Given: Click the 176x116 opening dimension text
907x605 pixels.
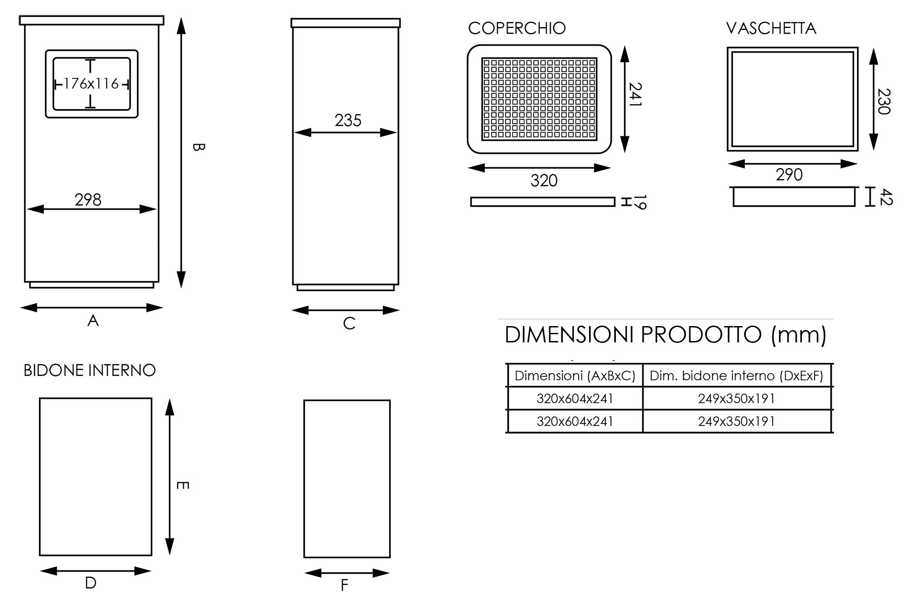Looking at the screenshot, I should pos(91,84).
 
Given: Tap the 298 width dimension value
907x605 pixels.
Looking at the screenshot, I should pos(88,200).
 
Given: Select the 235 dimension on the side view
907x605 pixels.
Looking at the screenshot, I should pos(348,121).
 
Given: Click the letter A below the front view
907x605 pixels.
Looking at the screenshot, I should pos(93,321).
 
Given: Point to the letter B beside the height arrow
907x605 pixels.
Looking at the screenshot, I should pos(199,147).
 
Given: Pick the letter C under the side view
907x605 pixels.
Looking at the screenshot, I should pos(349,323).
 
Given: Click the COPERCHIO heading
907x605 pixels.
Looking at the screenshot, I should pos(517,29).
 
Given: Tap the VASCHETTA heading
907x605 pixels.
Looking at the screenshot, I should pos(771,29).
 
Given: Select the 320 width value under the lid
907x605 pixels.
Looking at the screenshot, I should pos(544,181).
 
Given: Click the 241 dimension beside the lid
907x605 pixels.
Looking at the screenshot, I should pos(636,94).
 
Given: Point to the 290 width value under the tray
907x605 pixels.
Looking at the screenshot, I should pos(789,175).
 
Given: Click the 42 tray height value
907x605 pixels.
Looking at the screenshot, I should pos(886,197).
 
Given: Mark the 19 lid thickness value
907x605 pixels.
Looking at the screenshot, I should pos(640,202).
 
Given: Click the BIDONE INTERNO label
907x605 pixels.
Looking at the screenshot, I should pos(89,371).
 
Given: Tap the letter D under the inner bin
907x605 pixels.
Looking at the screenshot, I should pos(91,583).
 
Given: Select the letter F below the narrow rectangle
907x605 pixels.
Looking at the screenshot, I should pos(344,585).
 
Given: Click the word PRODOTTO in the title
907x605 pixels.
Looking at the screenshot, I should pos(701,335).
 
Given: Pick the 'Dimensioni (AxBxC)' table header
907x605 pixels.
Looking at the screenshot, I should pos(575,376).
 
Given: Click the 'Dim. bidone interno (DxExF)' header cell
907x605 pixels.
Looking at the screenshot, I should pos(736,376).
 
